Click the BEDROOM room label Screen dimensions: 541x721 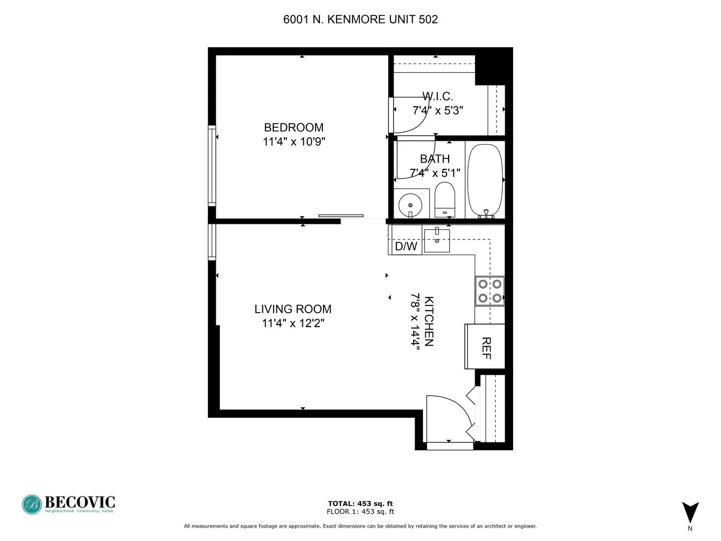point(293,127)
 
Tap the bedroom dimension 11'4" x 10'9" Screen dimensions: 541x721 point(294,142)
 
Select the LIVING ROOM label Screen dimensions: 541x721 point(293,309)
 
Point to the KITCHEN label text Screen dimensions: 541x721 point(429,321)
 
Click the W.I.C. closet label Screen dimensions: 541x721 point(438,96)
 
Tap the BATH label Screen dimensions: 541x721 point(435,159)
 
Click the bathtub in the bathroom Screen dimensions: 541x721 point(485,180)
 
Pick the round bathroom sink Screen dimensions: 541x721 point(411,205)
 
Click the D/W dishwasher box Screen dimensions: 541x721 point(406,246)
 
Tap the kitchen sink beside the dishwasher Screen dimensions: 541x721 point(437,241)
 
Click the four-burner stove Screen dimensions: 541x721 point(490,291)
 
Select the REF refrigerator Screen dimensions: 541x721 point(485,347)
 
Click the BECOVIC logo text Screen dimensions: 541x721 point(80,502)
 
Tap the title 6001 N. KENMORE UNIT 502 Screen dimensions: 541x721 point(360,20)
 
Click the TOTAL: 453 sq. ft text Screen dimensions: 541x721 point(360,503)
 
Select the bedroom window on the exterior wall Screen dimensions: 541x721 point(212,165)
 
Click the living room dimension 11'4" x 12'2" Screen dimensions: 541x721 point(293,324)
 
